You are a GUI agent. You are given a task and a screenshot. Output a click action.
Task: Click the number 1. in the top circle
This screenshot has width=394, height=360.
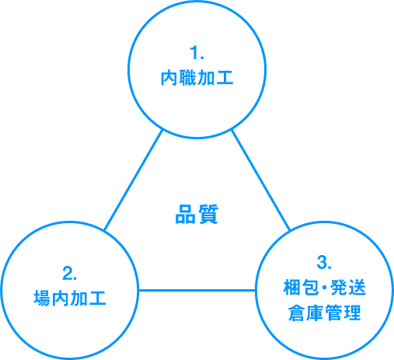pyautogui.click(x=197, y=52)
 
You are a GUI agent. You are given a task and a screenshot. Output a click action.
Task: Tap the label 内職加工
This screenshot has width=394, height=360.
pyautogui.click(x=197, y=78)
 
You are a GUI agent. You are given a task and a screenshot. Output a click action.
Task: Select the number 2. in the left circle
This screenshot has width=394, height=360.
pyautogui.click(x=69, y=273)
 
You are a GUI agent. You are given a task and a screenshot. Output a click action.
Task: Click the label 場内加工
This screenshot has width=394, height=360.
pyautogui.click(x=70, y=299)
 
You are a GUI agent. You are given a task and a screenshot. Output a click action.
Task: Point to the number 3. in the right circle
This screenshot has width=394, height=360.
pyautogui.click(x=324, y=262)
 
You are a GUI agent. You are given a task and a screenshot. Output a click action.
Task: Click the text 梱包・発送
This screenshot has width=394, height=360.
pyautogui.click(x=324, y=288)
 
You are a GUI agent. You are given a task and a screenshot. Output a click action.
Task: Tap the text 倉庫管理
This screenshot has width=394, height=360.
pyautogui.click(x=324, y=313)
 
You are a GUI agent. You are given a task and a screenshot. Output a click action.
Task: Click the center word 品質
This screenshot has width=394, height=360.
pyautogui.click(x=197, y=214)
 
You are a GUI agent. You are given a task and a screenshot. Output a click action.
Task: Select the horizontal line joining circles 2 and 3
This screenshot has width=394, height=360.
pyautogui.click(x=197, y=290)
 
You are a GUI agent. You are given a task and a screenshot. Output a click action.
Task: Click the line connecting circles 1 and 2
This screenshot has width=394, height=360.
pyautogui.click(x=134, y=180)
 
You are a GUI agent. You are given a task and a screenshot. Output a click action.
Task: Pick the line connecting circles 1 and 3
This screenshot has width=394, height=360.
pyautogui.click(x=260, y=180)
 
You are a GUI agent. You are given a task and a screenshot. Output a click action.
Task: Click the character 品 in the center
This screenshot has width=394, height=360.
pyautogui.click(x=185, y=214)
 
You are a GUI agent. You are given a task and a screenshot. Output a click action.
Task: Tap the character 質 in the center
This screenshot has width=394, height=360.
pyautogui.click(x=208, y=214)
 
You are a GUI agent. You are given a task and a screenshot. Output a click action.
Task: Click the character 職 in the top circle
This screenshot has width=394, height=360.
pyautogui.click(x=188, y=78)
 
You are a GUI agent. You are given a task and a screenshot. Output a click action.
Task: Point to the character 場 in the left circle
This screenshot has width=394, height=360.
pyautogui.click(x=42, y=299)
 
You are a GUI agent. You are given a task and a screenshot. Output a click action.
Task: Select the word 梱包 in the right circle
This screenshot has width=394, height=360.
pyautogui.click(x=301, y=288)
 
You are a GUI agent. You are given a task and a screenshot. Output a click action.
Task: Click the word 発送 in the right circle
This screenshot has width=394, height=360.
pyautogui.click(x=348, y=288)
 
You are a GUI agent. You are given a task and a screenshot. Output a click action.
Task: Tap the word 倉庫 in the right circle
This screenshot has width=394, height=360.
pyautogui.click(x=306, y=313)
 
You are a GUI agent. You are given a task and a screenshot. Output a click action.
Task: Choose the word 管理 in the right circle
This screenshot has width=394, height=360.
pyautogui.click(x=343, y=313)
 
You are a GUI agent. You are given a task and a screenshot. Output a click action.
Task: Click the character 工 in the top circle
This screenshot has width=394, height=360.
pyautogui.click(x=225, y=78)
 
